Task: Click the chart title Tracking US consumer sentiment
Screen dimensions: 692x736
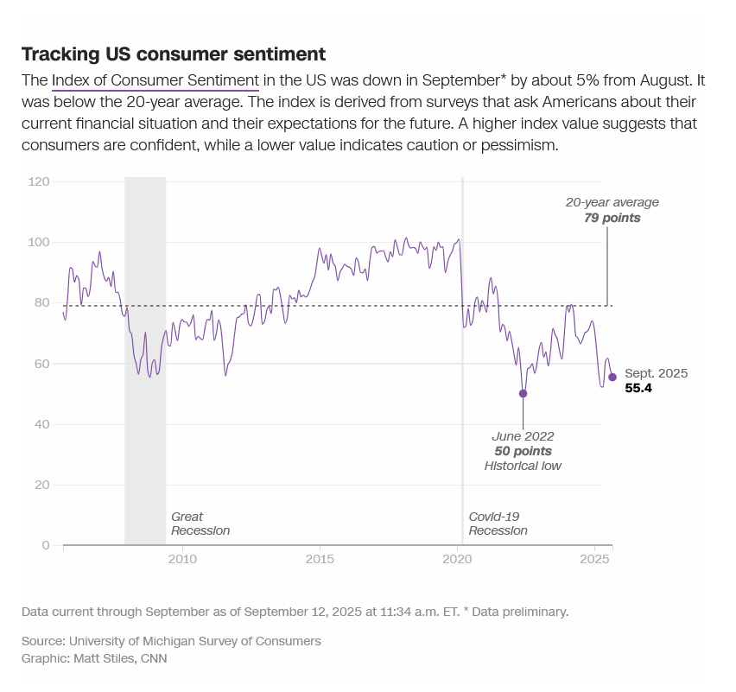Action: (173, 54)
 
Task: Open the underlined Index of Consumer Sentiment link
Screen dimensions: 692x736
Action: (155, 81)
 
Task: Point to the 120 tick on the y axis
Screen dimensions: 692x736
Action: (39, 181)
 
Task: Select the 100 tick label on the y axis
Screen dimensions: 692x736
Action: (39, 242)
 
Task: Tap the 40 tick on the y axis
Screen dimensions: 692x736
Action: (41, 424)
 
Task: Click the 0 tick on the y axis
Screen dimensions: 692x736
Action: (45, 545)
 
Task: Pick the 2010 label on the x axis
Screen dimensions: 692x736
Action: (182, 560)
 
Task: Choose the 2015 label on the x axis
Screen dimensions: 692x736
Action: (320, 560)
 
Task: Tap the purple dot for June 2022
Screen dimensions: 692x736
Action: (523, 393)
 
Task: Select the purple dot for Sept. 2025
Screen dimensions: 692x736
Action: (612, 377)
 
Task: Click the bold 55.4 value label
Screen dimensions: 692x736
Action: (638, 389)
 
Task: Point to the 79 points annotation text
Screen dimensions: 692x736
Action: (612, 218)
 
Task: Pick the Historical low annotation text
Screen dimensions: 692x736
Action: (523, 466)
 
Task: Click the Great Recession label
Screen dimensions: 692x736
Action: (200, 524)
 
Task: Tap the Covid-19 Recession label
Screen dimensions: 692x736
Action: (498, 524)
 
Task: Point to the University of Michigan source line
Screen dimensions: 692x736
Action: (171, 641)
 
